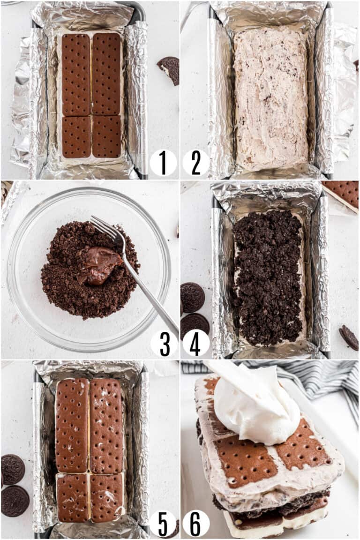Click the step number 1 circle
pos(163,163)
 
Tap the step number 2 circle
pos(196,163)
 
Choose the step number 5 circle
pos(163,524)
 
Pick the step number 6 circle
pos(196,524)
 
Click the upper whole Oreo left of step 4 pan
pos(192,297)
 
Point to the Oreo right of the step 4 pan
pos(349,337)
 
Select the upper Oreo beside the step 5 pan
pos(12,469)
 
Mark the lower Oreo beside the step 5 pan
pos(15,501)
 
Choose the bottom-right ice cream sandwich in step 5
pos(106,497)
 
